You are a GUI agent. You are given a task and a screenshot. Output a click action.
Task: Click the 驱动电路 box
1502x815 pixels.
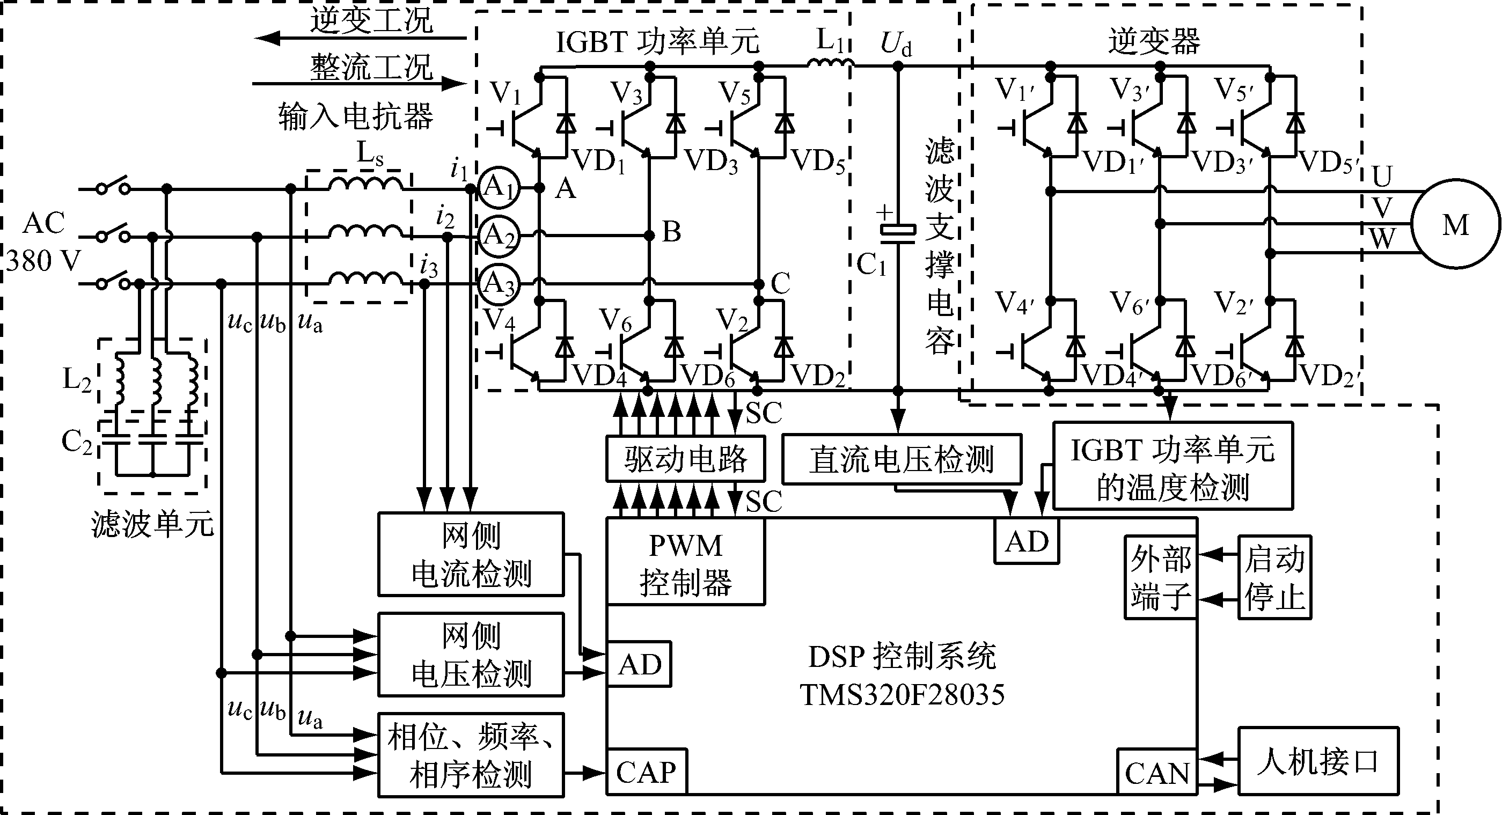click(685, 459)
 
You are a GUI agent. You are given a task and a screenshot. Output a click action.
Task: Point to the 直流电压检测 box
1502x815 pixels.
click(901, 459)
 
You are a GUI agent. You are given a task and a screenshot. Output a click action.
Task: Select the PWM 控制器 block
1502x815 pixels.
click(685, 562)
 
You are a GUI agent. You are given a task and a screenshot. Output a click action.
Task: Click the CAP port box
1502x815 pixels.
click(646, 772)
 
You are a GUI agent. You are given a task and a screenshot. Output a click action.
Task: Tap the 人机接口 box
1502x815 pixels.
click(1318, 761)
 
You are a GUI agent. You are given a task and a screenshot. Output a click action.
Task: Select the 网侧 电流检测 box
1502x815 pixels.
click(471, 554)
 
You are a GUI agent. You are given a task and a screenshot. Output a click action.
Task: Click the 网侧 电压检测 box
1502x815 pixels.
click(471, 654)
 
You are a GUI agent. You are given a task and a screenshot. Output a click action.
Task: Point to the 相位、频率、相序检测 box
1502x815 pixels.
click(471, 755)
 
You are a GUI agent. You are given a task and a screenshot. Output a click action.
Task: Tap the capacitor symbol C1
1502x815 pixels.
click(898, 230)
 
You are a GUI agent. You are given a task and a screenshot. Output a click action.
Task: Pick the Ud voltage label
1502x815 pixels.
click(896, 43)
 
